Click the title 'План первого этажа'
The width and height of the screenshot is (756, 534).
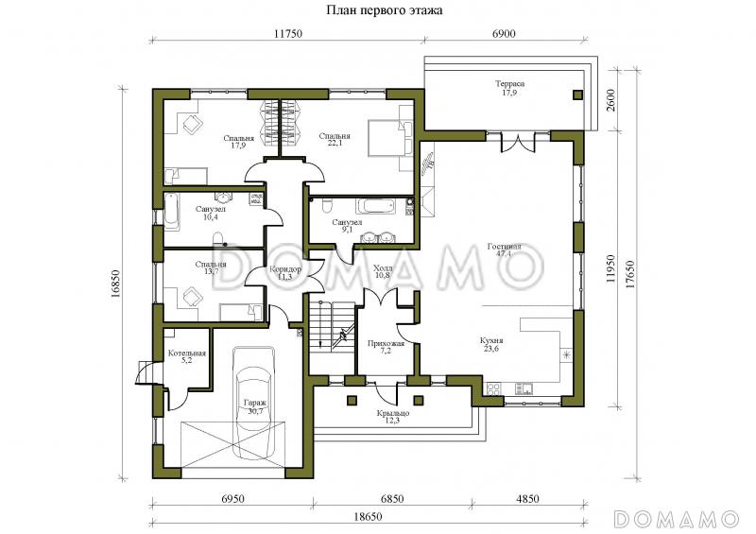(385, 10)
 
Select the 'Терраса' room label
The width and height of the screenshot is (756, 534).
(509, 83)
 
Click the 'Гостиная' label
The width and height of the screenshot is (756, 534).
(505, 246)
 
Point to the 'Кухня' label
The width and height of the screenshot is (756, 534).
(491, 340)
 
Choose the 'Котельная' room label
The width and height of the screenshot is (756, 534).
(187, 353)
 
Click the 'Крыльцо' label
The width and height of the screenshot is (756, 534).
(393, 413)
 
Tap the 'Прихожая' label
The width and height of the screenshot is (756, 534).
(386, 343)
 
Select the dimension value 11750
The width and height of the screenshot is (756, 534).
(287, 33)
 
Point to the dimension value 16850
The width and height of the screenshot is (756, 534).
(114, 284)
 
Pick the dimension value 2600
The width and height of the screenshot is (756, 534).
(610, 100)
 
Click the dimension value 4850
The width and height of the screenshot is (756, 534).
(527, 499)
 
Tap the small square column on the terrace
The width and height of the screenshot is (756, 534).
(577, 95)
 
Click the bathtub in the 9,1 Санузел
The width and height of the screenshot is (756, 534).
(375, 206)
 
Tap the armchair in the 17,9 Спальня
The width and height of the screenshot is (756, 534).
(193, 125)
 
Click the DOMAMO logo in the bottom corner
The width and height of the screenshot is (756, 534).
(677, 519)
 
